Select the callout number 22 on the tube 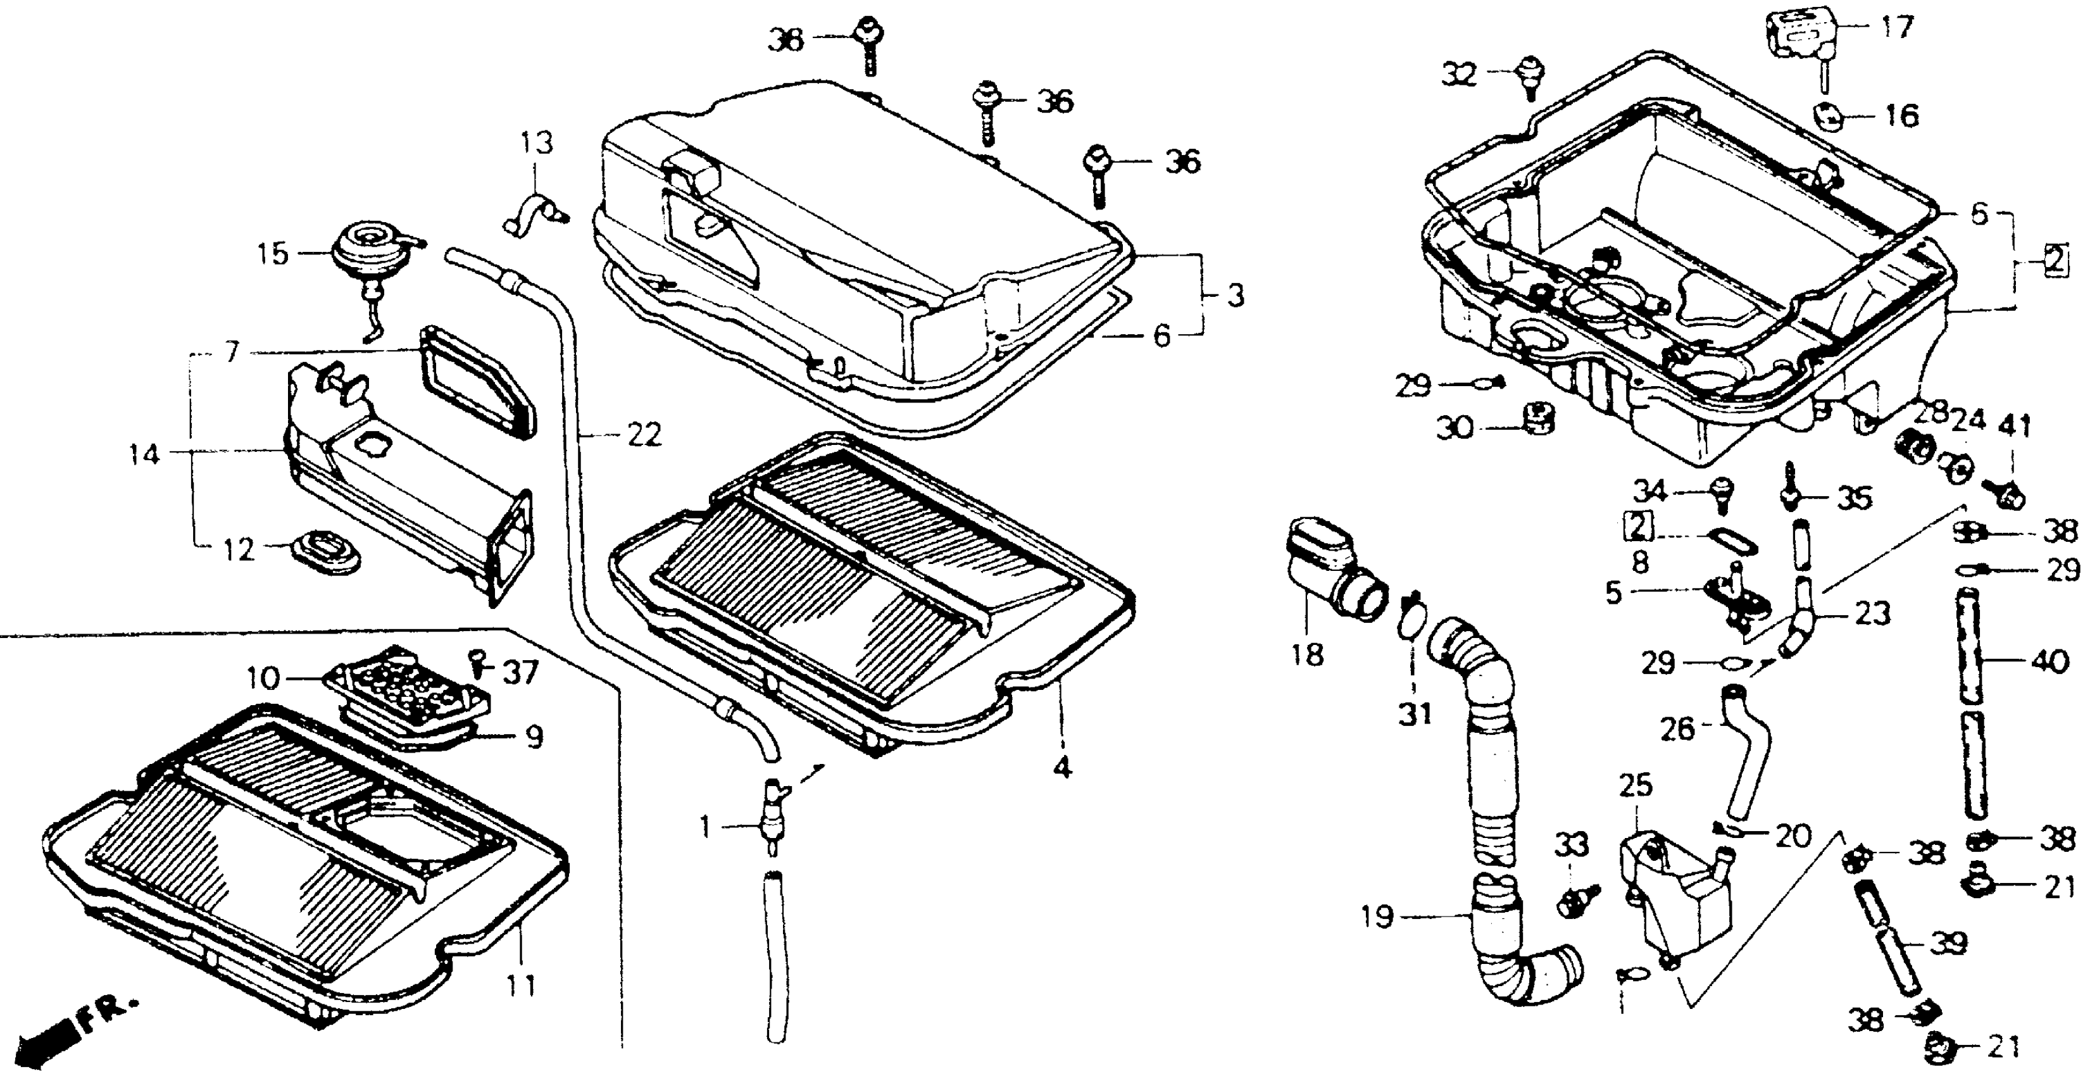(644, 435)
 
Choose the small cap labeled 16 (1829, 118)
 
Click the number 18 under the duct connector (1307, 654)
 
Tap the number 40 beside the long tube (2049, 662)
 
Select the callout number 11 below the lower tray (521, 986)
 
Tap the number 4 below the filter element (1062, 767)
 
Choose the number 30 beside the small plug (1455, 428)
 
